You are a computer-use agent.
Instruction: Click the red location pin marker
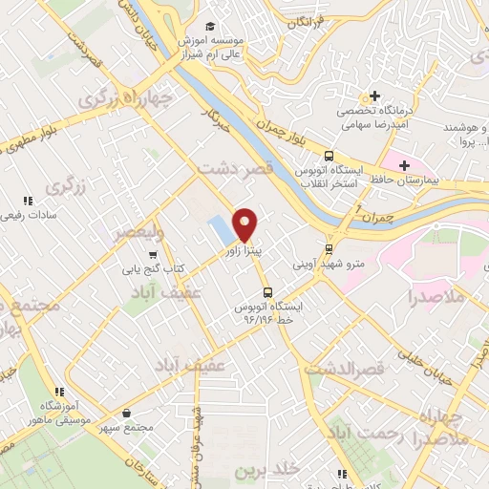click(x=246, y=223)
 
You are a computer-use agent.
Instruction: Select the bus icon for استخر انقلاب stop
click(x=330, y=156)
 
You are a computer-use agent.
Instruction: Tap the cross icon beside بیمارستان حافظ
click(x=405, y=165)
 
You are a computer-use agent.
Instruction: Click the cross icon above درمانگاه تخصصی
click(x=375, y=96)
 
